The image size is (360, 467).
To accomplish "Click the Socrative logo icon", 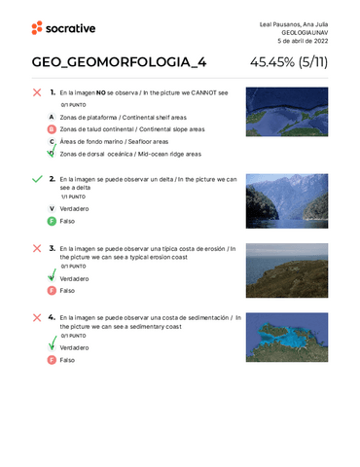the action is pos(37,28).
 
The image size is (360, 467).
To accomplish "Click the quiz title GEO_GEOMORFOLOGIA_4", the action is pos(119,63).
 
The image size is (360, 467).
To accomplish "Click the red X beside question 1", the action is pos(37,92).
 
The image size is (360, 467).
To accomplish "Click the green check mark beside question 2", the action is pos(37,180).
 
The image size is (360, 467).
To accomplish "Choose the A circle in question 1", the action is pos(51,116).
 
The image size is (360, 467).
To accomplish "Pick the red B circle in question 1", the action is pos(51,128).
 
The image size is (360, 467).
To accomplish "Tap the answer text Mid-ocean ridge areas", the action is pos(170,154).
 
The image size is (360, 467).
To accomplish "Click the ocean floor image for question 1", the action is pos(280,110).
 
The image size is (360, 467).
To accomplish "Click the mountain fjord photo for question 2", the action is pos(280,197).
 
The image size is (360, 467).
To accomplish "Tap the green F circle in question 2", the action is pos(51,221).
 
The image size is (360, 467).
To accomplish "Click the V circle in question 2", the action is pos(51,208).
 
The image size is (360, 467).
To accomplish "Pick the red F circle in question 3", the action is pos(51,290).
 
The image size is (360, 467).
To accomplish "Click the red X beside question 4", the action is pos(37,318).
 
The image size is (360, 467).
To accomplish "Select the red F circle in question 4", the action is pos(51,359).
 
